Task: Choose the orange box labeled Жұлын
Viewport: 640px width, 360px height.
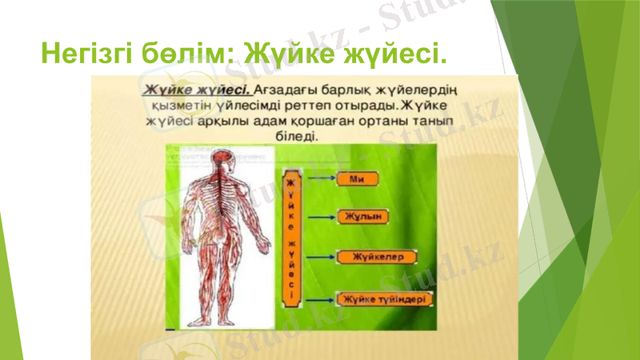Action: [363, 217]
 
